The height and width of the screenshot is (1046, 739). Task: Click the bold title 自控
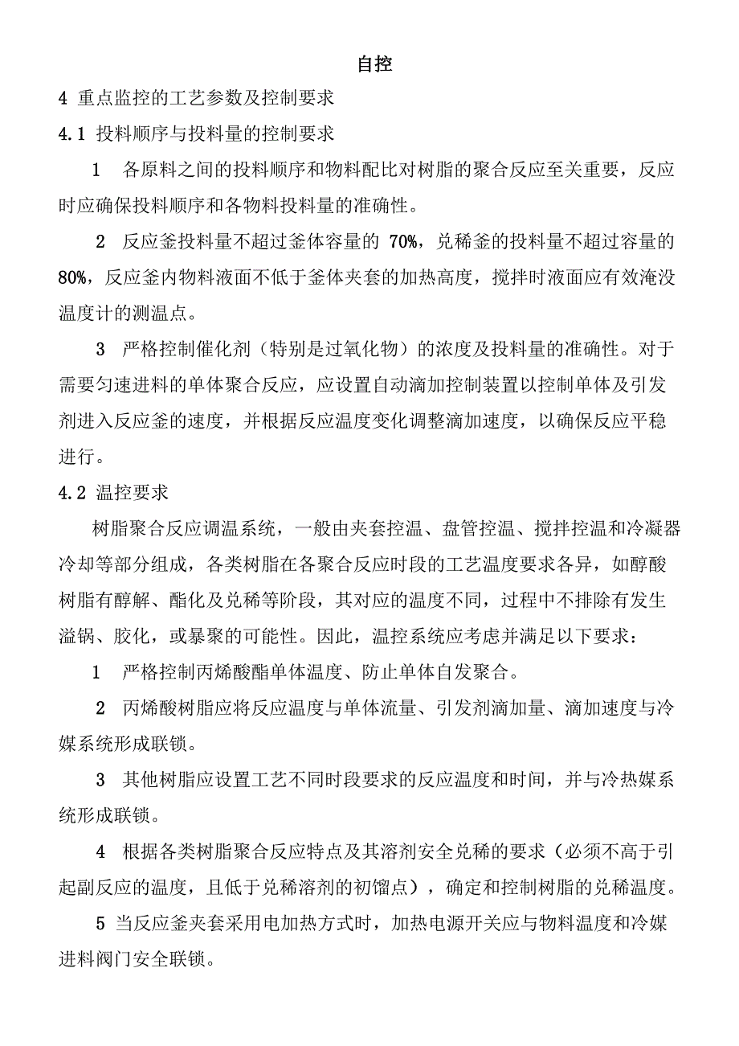(374, 64)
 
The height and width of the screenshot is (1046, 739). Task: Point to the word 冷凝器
(637, 529)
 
